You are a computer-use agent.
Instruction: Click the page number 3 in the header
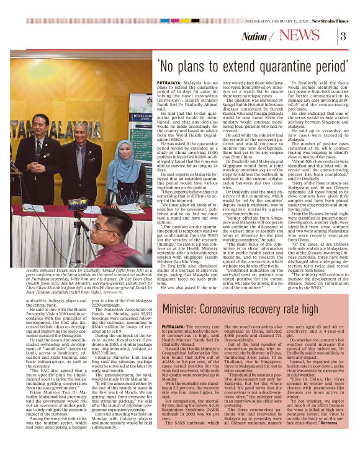tap(342, 36)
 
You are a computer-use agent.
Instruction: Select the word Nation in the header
tap(256, 37)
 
